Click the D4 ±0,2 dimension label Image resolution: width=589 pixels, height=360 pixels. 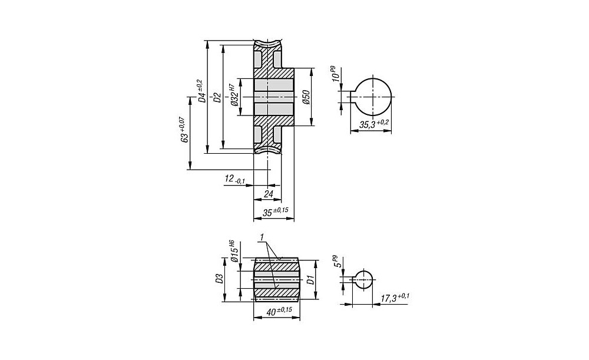[201, 91]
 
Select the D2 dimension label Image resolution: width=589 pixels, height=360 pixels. [217, 97]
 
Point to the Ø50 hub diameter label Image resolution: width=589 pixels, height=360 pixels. [305, 97]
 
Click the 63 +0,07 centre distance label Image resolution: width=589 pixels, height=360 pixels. [183, 130]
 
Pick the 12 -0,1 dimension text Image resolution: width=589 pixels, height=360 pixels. [235, 179]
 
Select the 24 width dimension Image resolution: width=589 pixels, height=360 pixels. [268, 194]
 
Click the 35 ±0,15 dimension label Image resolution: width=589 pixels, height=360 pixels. [275, 212]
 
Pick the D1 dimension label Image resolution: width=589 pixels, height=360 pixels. [310, 280]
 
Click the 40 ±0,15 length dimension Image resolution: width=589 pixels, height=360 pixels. [279, 312]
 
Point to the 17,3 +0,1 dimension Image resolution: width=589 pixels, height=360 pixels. [395, 298]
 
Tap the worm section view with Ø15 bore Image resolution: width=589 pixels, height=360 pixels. [277, 279]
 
